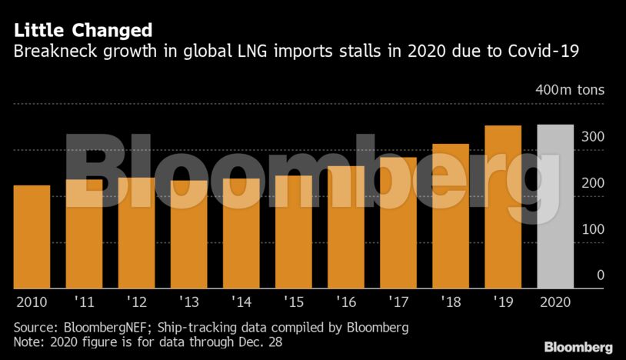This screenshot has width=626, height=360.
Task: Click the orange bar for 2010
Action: pos(32,237)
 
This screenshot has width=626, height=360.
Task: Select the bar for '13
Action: pos(188,235)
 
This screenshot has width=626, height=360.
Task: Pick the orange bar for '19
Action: pos(503,207)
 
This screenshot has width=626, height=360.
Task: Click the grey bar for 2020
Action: pos(555,207)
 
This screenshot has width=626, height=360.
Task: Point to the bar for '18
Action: pos(451,216)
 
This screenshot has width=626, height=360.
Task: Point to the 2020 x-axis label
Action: pos(555,302)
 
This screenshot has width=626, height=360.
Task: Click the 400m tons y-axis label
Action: pos(570,90)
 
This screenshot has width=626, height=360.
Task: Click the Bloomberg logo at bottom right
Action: pos(578,347)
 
